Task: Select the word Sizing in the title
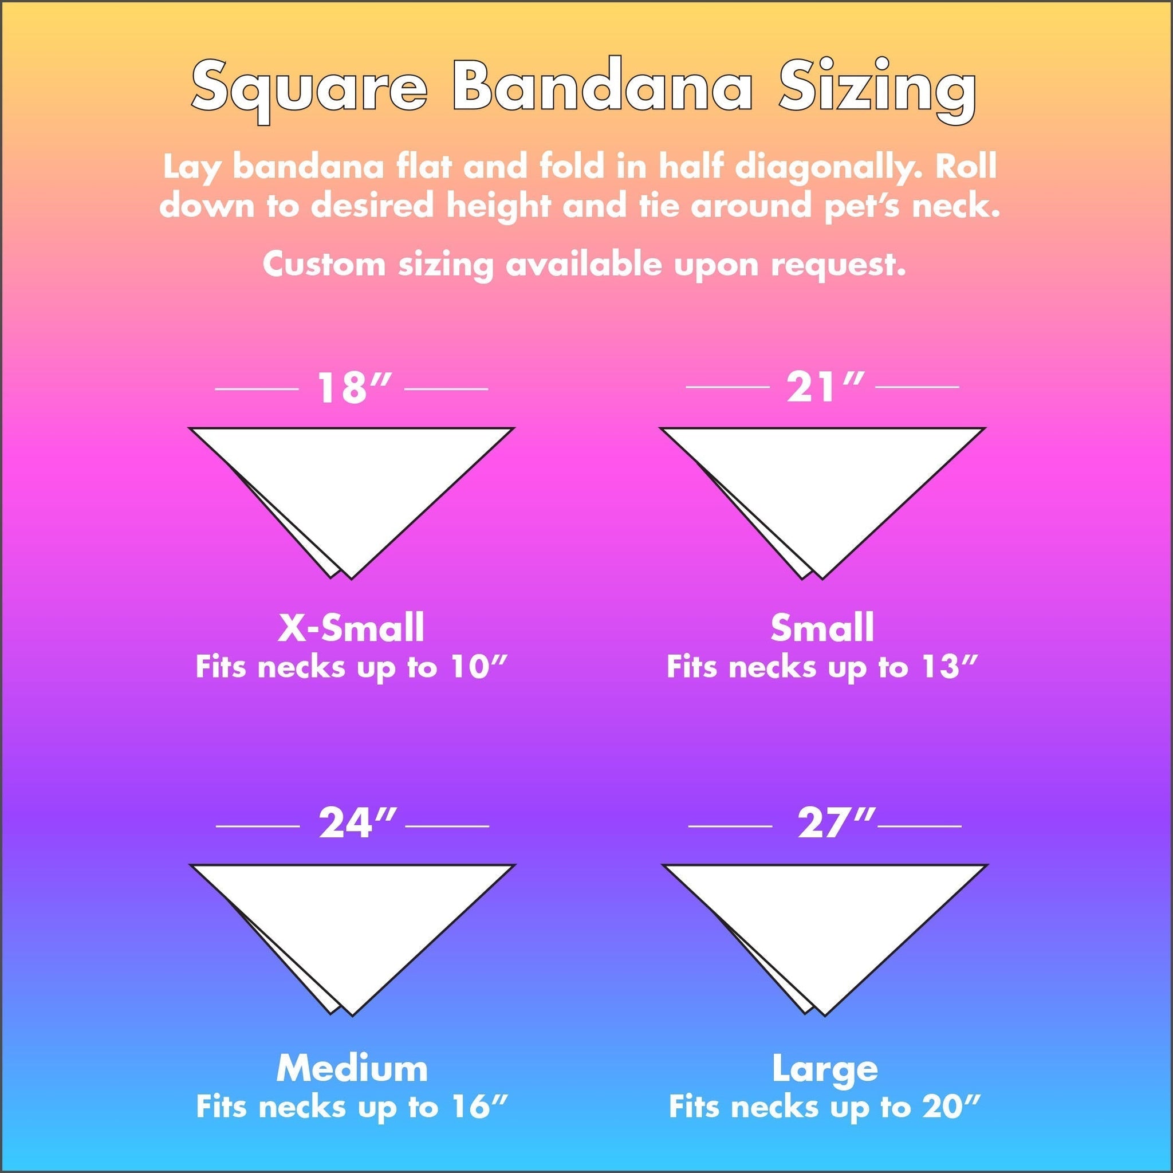(x=878, y=91)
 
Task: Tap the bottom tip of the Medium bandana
(x=352, y=1015)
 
